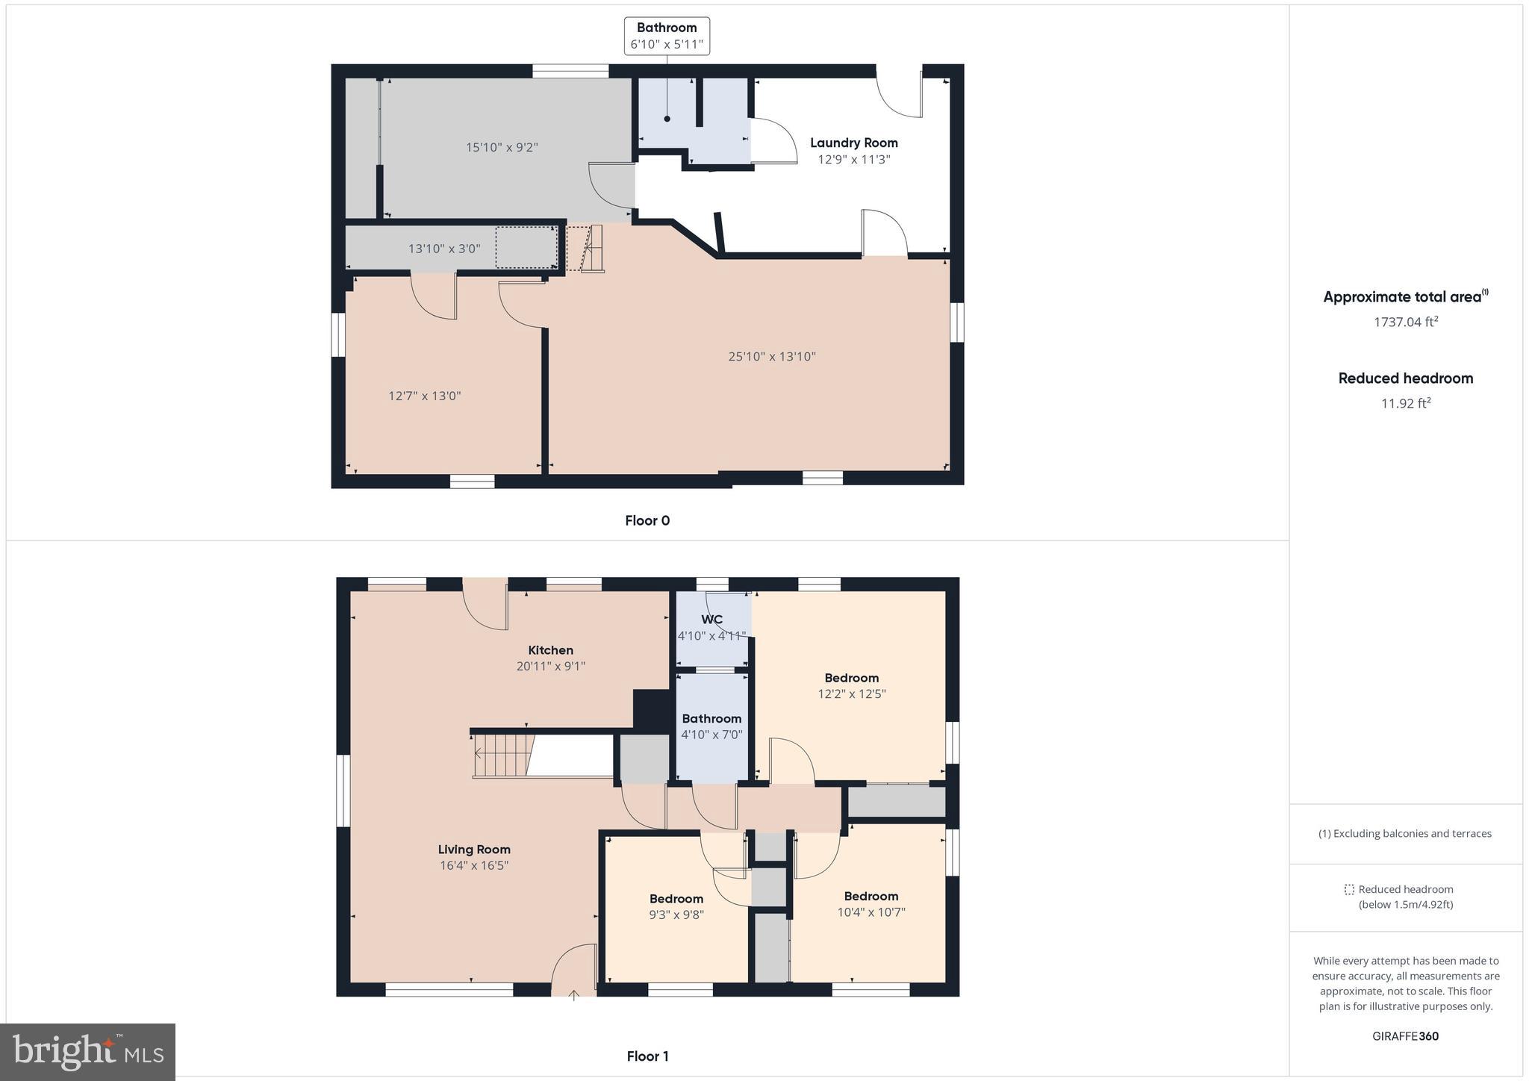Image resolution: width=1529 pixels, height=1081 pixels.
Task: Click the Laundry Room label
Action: coord(853,143)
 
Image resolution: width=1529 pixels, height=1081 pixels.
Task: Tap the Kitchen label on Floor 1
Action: coord(550,650)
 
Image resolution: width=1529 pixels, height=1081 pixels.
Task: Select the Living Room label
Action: coord(474,850)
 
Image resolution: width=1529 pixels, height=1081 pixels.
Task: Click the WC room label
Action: coord(711,620)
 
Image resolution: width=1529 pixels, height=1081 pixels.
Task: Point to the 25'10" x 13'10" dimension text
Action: coord(771,357)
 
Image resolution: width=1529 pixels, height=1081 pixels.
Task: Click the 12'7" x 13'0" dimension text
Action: coord(424,396)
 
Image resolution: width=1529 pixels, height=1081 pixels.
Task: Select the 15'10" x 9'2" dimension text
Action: coord(501,147)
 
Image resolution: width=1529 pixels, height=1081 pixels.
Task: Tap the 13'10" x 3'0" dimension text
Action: coord(443,249)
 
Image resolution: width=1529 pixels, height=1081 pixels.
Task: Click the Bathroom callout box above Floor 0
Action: coord(667,36)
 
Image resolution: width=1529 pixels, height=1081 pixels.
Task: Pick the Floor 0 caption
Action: coord(647,520)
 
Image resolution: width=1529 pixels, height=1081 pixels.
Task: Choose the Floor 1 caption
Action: coord(647,1056)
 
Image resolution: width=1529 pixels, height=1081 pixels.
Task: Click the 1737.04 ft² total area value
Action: coord(1406,322)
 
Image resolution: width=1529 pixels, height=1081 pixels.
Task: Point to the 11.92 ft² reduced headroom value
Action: coord(1406,403)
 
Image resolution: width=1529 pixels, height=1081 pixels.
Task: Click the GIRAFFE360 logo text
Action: coord(1405,1036)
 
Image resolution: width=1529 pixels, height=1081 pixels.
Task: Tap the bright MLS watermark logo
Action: coord(88,1052)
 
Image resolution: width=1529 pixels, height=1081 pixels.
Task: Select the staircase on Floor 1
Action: coord(505,756)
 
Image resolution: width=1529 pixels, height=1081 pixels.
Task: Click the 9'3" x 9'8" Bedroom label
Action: coord(676,899)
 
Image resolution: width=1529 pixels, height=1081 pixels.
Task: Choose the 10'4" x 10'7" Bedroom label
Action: coord(871,897)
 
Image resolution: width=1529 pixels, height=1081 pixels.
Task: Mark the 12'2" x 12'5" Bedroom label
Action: coord(851,678)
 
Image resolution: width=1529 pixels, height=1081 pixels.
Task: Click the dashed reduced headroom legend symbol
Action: coord(1348,890)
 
